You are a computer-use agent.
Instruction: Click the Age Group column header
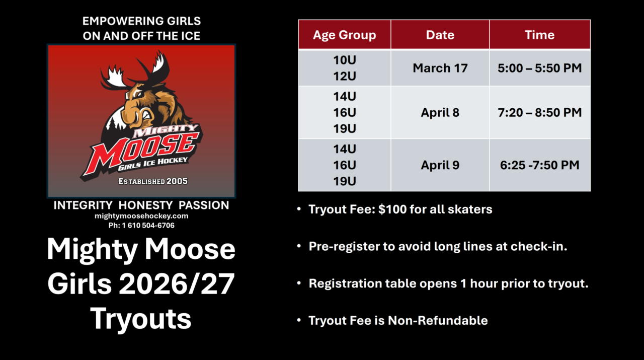click(x=344, y=35)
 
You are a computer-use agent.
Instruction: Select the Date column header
click(x=440, y=35)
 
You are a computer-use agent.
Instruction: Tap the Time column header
click(x=539, y=35)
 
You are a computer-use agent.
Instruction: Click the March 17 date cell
click(x=440, y=68)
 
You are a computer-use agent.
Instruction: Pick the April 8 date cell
click(x=440, y=112)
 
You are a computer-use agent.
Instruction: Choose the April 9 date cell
click(x=440, y=165)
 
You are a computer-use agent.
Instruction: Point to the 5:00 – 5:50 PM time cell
click(x=539, y=68)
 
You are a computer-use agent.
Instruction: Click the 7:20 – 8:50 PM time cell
click(x=539, y=112)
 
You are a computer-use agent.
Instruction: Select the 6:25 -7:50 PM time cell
click(x=539, y=165)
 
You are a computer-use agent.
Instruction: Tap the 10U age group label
click(x=344, y=60)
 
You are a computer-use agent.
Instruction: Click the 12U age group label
click(x=344, y=76)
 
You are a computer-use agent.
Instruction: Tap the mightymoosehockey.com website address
click(x=141, y=215)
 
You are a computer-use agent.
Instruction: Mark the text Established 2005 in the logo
click(x=152, y=181)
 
